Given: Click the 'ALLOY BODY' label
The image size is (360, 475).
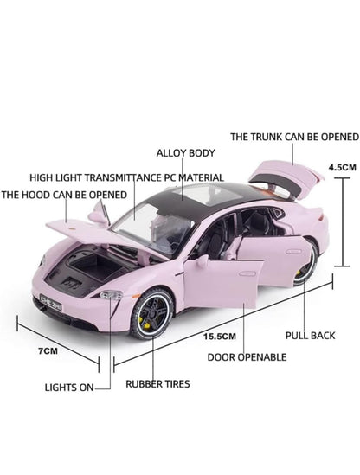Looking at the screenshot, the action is (185, 153).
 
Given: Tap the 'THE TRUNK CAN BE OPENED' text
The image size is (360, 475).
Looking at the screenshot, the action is (294, 137).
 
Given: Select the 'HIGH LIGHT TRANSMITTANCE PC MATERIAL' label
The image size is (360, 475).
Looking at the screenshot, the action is (126, 177).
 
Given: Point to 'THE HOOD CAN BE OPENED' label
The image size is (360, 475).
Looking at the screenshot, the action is (64, 195).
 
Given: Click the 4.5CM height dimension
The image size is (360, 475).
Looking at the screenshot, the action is (343, 167).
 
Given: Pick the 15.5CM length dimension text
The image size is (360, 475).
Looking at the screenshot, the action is (220, 337).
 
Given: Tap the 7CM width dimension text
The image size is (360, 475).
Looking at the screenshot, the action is (48, 350).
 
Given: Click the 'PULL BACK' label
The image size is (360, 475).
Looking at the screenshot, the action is (311, 336).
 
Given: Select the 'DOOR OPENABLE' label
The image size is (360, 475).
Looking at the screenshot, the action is (247, 357).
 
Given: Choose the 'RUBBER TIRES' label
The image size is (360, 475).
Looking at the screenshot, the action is (157, 384).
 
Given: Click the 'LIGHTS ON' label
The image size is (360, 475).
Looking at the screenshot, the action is (69, 388).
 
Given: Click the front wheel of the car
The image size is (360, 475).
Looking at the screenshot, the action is (152, 314).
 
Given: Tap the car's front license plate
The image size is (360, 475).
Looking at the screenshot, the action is (50, 302).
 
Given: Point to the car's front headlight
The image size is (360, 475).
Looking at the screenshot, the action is (112, 295).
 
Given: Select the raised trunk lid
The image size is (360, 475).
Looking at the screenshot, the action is (286, 177).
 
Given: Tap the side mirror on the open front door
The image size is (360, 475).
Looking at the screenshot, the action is (202, 260).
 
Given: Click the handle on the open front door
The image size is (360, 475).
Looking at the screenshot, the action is (247, 274).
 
